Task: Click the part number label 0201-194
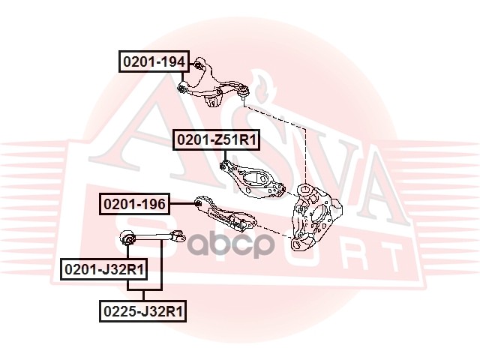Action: (x=154, y=61)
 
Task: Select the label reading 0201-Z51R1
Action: (x=217, y=139)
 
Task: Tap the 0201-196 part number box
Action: (x=135, y=202)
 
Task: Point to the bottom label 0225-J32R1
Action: (x=144, y=309)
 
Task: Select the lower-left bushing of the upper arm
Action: (x=182, y=88)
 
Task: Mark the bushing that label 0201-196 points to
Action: (x=197, y=202)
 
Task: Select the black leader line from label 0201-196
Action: (x=181, y=202)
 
